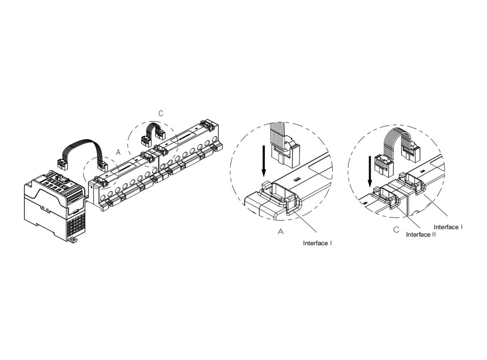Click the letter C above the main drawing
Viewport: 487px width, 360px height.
(161, 114)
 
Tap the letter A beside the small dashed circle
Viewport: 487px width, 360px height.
(118, 152)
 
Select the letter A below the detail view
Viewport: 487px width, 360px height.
(281, 231)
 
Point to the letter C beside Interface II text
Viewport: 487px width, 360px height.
(396, 230)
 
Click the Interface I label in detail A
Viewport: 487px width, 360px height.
(318, 243)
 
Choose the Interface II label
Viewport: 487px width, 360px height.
(421, 234)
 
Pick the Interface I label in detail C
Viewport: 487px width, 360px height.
(448, 227)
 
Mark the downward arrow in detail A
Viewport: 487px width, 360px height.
(263, 162)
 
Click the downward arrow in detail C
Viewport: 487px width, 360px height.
(370, 172)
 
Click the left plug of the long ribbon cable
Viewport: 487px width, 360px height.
(62, 164)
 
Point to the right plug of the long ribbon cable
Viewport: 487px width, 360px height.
(102, 166)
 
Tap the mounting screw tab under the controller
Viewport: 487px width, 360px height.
(73, 240)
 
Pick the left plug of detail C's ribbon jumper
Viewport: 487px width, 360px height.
(384, 165)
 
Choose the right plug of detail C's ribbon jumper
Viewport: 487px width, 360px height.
(410, 153)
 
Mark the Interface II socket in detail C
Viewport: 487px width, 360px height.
(386, 194)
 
